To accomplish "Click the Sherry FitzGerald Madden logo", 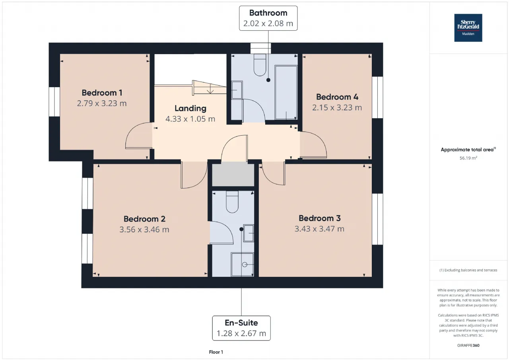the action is (x=468, y=28).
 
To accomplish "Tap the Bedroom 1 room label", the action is (x=102, y=93).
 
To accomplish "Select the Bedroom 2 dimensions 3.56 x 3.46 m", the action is (x=144, y=230).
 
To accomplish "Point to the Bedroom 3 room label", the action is (x=319, y=218).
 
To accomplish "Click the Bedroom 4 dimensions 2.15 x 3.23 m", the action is (x=337, y=107).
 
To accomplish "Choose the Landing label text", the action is (x=190, y=109).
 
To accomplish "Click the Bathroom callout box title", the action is (x=268, y=13).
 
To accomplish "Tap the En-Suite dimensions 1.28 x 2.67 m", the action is (x=241, y=333).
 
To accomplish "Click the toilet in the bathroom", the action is (x=260, y=65).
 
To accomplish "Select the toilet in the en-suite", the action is (x=232, y=202).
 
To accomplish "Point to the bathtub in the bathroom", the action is (x=286, y=92).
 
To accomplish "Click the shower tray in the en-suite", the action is (x=243, y=265).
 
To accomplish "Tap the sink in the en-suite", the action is (x=249, y=233).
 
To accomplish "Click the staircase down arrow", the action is (x=210, y=89).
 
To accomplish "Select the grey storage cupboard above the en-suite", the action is (x=233, y=175).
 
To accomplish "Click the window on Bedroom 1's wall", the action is (x=54, y=101).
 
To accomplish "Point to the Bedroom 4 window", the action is (x=377, y=97).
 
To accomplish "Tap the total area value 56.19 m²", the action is (x=468, y=158).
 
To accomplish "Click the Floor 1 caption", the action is (x=216, y=352).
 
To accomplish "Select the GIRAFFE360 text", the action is (x=468, y=345).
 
